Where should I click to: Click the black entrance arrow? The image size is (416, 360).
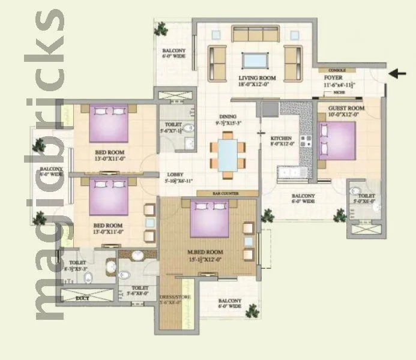pos(397,74)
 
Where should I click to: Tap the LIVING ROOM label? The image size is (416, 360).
pos(256,78)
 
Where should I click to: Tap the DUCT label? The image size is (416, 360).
pos(83,298)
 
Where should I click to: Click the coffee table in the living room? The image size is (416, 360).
pos(255,60)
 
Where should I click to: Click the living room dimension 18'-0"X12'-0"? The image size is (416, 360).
pos(256,85)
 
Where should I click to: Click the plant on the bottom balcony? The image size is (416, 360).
pos(253,310)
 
